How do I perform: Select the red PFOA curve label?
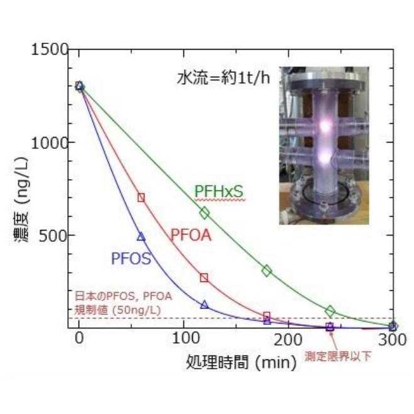tap(190, 236)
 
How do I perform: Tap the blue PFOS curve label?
tap(131, 258)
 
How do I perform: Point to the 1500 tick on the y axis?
tap(50, 50)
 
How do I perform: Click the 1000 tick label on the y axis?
tap(50, 143)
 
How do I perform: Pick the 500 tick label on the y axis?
tap(55, 235)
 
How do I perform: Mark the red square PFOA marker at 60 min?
tap(141, 197)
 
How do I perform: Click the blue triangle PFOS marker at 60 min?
tap(141, 236)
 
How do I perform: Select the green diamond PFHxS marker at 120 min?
tap(204, 213)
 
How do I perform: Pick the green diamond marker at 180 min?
tap(267, 271)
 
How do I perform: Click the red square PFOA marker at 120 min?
tap(204, 277)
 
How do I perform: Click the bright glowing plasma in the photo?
tap(325, 126)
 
